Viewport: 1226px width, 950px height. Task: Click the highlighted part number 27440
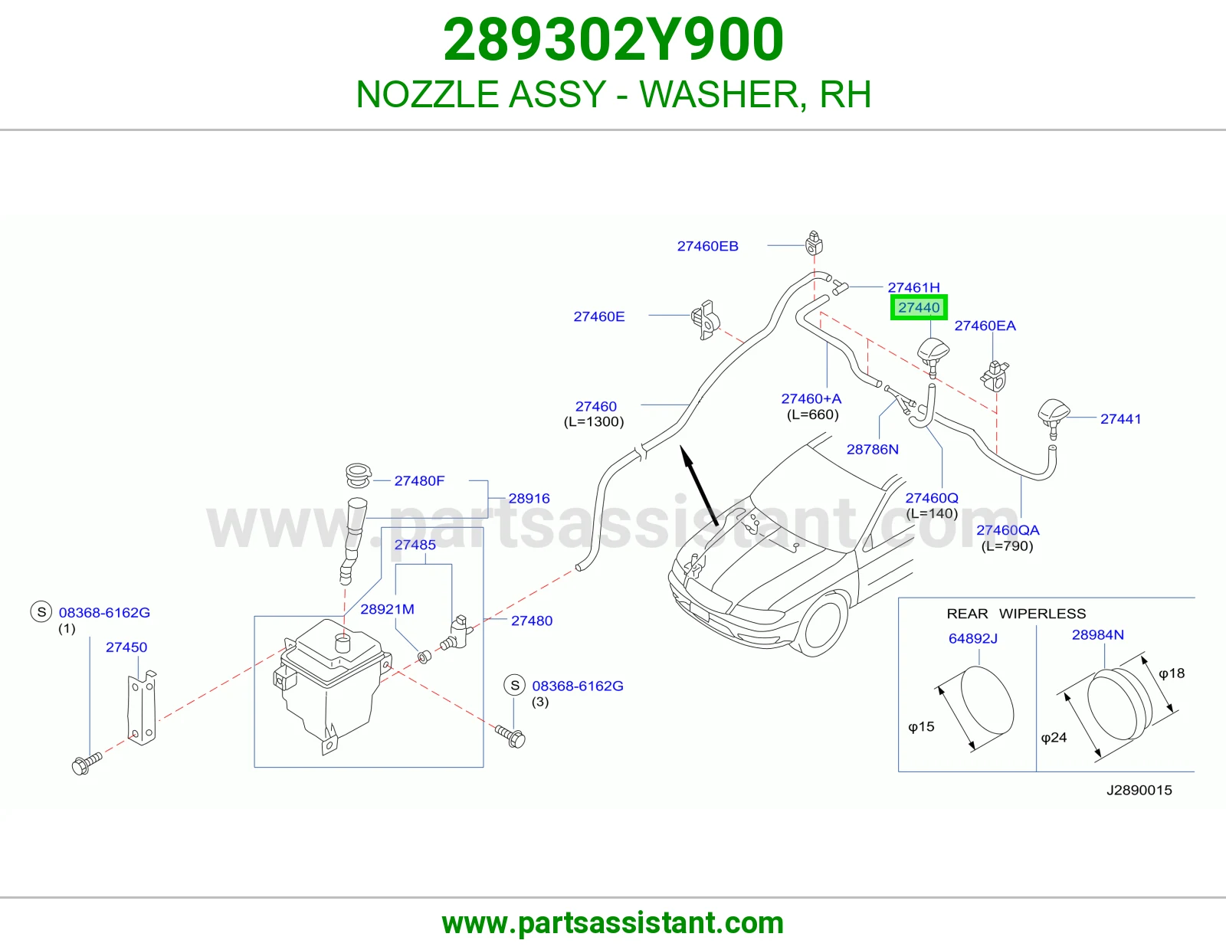(919, 307)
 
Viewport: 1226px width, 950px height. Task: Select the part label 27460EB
(707, 246)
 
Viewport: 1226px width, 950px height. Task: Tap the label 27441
(1120, 418)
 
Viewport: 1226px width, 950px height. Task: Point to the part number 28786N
(872, 449)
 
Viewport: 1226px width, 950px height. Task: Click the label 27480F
(419, 480)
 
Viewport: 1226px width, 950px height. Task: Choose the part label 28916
(529, 498)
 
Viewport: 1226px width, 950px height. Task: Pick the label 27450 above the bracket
(126, 647)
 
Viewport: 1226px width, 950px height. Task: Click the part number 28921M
(387, 609)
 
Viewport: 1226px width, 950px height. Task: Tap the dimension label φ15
(921, 726)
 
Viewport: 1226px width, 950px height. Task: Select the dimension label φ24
(1054, 737)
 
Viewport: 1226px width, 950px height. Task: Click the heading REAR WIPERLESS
(1016, 613)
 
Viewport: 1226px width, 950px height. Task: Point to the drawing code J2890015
(1139, 790)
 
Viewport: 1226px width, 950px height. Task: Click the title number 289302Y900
(613, 40)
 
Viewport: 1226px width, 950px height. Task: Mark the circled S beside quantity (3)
(515, 686)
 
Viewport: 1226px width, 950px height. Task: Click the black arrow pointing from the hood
(699, 486)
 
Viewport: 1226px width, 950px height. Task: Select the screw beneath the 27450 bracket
(87, 763)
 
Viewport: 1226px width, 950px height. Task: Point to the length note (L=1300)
(594, 422)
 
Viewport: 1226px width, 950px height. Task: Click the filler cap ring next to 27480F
(358, 475)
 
